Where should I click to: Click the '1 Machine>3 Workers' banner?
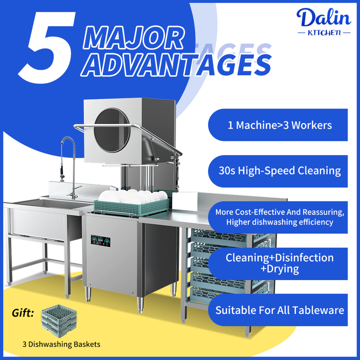point(279,125)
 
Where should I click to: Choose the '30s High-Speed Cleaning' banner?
point(279,171)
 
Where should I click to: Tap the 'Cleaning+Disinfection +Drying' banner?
point(279,263)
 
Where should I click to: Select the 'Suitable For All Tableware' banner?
point(279,310)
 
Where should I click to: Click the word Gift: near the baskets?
point(23,313)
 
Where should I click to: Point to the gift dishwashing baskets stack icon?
point(60,320)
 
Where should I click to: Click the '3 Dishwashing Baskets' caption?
point(61,344)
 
